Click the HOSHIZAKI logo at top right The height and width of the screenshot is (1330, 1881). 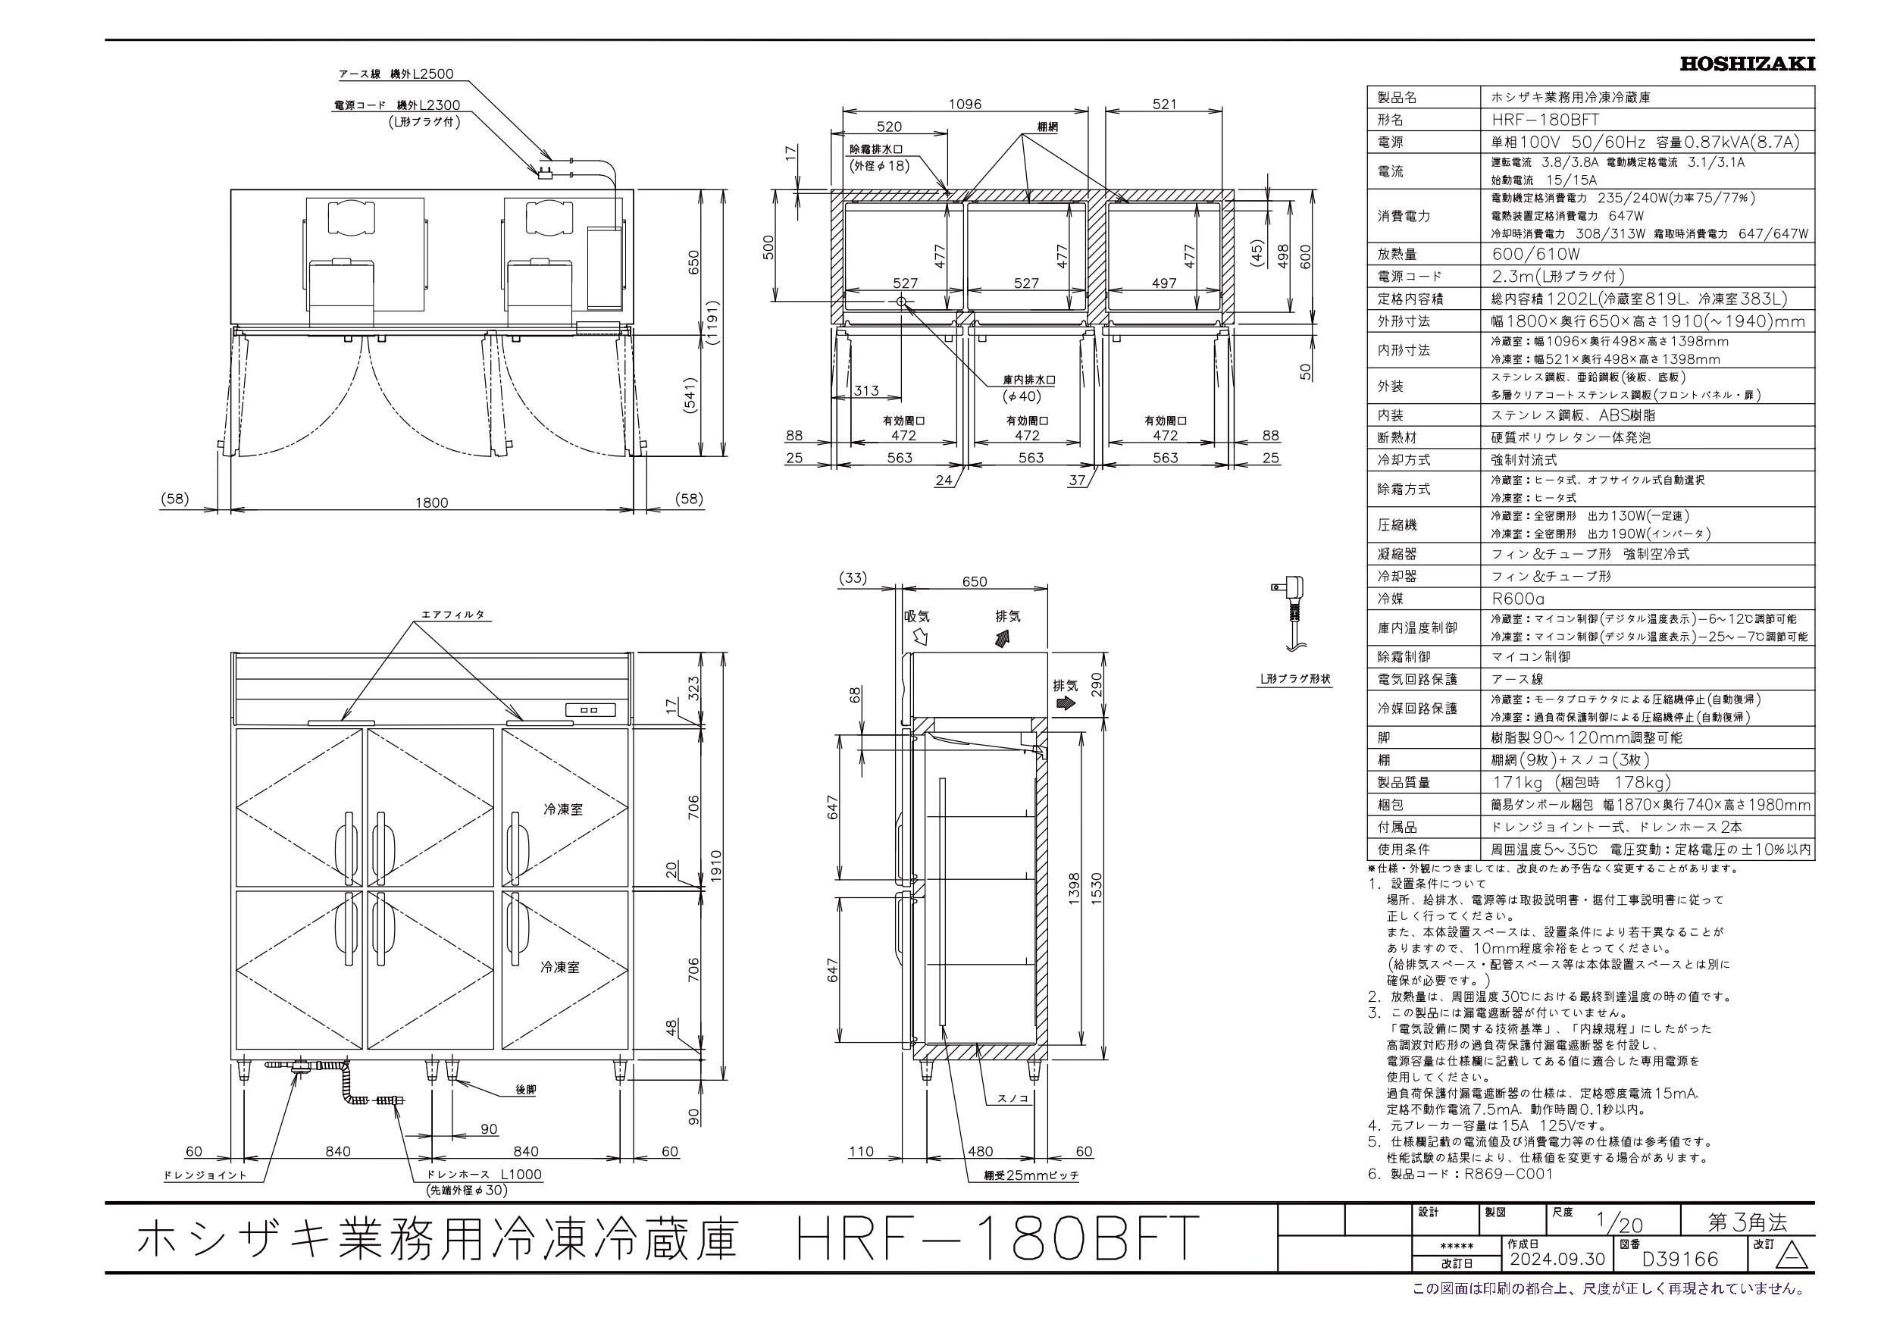tap(1747, 64)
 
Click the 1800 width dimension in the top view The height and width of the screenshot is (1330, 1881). tap(432, 502)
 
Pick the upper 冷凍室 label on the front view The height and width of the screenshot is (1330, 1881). tap(562, 809)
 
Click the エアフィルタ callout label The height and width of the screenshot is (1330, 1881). tap(452, 614)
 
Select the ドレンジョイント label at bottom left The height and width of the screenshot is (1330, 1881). tap(205, 1175)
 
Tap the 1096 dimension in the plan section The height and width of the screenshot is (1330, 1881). tap(965, 104)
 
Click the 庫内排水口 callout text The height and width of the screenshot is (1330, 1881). tap(1028, 381)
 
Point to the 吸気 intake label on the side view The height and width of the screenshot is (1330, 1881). tap(917, 617)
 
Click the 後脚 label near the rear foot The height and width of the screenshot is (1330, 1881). tap(525, 1090)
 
